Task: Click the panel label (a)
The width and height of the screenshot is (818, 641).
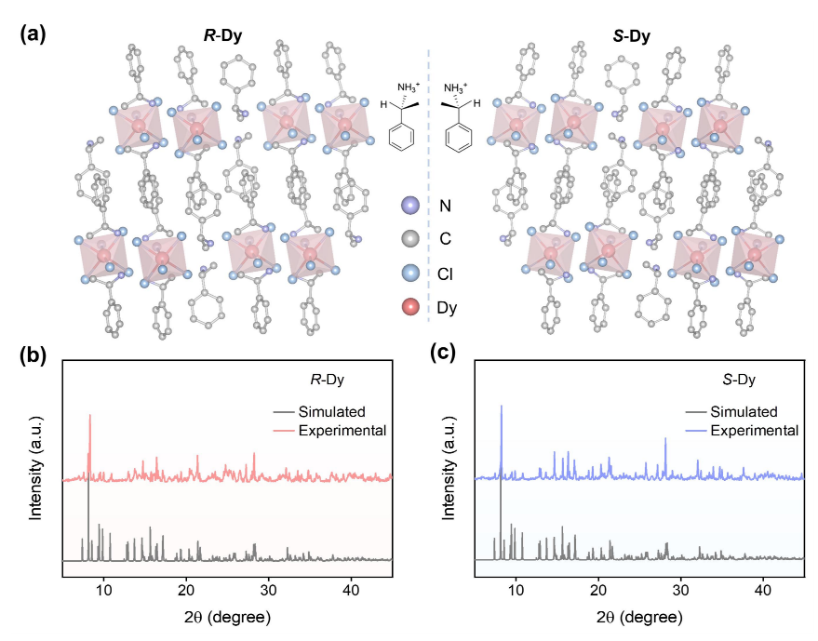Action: click(x=34, y=35)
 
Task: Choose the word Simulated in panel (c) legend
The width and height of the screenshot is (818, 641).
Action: click(x=744, y=410)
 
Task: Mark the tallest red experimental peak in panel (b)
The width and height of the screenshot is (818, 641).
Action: click(x=89, y=417)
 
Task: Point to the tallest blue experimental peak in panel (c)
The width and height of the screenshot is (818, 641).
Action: click(x=502, y=407)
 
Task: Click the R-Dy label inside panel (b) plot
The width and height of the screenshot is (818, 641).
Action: click(x=328, y=380)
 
